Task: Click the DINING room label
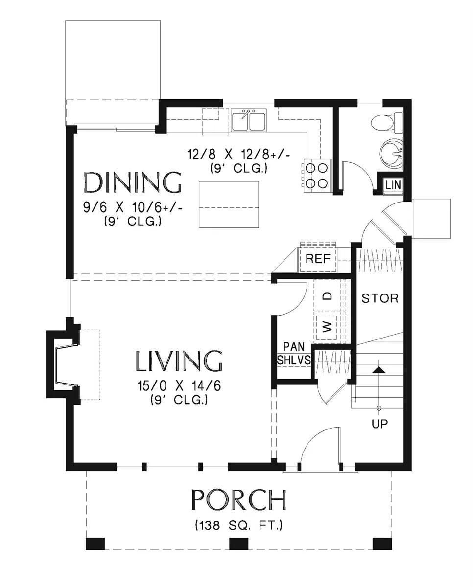[x=133, y=182]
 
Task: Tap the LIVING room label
[x=179, y=361]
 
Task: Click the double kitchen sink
[x=249, y=120]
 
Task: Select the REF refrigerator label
[x=318, y=258]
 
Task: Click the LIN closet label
[x=393, y=185]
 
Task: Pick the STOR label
[x=380, y=298]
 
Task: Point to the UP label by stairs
[x=379, y=424]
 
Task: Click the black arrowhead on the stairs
[x=379, y=370]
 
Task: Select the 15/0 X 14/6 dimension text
[x=179, y=386]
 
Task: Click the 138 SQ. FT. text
[x=238, y=525]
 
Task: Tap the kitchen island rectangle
[x=229, y=204]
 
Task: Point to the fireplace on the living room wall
[x=63, y=364]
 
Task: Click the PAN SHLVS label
[x=294, y=353]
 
